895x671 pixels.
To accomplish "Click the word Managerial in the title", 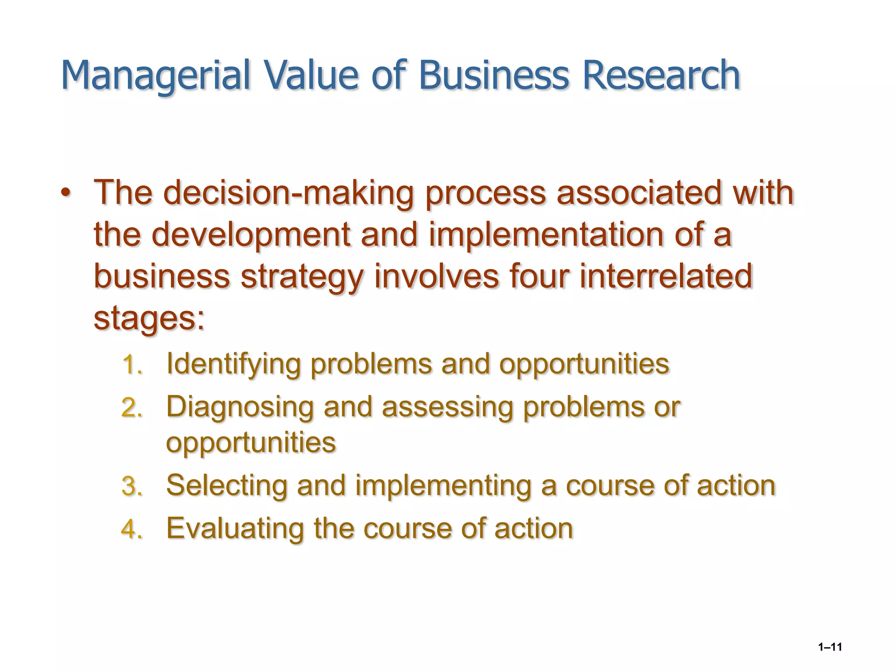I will [x=156, y=75].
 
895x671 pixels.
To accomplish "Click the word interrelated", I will [x=666, y=276].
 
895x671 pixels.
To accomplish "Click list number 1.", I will [x=132, y=365].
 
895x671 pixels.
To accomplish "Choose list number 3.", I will [x=132, y=486].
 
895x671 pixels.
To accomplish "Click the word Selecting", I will [x=226, y=486].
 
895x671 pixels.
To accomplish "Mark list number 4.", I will [x=132, y=529].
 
